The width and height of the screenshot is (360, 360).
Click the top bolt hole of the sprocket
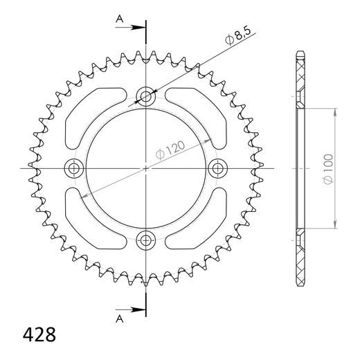pyautogui.click(x=146, y=95)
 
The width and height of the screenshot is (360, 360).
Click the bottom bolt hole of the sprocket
pyautogui.click(x=146, y=240)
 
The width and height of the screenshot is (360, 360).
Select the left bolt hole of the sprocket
pyautogui.click(x=73, y=168)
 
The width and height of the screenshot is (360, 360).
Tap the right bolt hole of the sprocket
pyautogui.click(x=219, y=168)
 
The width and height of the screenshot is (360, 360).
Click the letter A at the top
pyautogui.click(x=119, y=21)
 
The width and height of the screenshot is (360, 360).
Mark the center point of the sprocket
pyautogui.click(x=146, y=168)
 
